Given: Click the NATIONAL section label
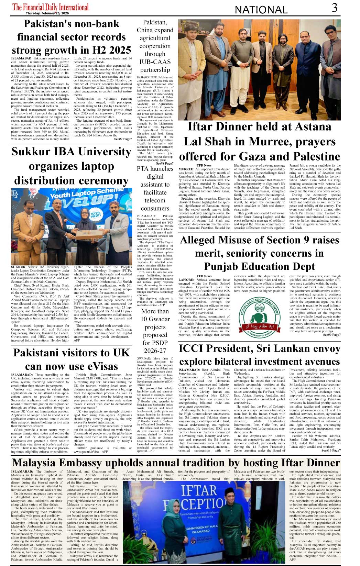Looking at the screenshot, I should coord(261,10).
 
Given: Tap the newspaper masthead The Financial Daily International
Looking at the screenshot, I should coord(51,7).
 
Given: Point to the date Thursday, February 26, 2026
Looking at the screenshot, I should coord(47,13).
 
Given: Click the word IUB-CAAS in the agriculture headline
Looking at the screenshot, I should coord(155,62).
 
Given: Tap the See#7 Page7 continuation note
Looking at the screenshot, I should coord(123,139).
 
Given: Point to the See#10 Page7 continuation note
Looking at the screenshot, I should coord(331,450).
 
